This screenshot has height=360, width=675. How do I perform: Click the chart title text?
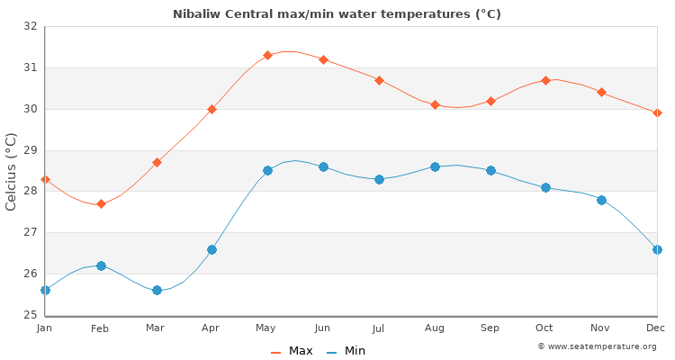pos(337,13)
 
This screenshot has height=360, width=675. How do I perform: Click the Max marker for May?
pos(267,55)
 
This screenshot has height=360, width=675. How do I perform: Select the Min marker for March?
pos(157,290)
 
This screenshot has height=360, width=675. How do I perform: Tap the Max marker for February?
pos(101,203)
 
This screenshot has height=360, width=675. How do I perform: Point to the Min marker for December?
pos(657,249)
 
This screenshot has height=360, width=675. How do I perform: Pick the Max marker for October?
pos(545,80)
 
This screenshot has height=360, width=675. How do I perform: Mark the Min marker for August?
pos(435,166)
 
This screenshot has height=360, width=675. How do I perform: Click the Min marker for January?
pos(45,290)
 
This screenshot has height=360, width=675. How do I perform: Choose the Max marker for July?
pos(379,80)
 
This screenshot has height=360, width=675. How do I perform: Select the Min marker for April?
pos(211,249)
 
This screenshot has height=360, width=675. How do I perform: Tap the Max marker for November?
pos(601,92)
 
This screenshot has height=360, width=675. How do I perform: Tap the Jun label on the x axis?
pos(323,328)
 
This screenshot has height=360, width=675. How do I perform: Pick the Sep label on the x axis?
pos(490,328)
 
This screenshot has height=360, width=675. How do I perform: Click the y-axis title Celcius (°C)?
pos(12,171)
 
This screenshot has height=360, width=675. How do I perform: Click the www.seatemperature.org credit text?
pos(597,346)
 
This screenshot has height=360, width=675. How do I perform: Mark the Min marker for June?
pos(323,166)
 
